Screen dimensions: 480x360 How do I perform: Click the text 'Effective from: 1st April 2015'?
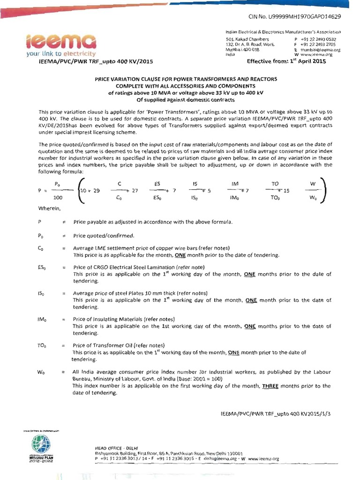[286, 61]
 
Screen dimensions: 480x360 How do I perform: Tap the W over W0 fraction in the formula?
[313, 191]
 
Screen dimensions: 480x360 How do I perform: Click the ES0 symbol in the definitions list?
[41, 267]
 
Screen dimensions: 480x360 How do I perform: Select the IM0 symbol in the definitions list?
[41, 319]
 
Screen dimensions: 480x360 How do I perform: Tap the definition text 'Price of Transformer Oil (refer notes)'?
[119, 345]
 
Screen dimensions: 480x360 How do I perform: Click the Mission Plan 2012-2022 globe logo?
[40, 443]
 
